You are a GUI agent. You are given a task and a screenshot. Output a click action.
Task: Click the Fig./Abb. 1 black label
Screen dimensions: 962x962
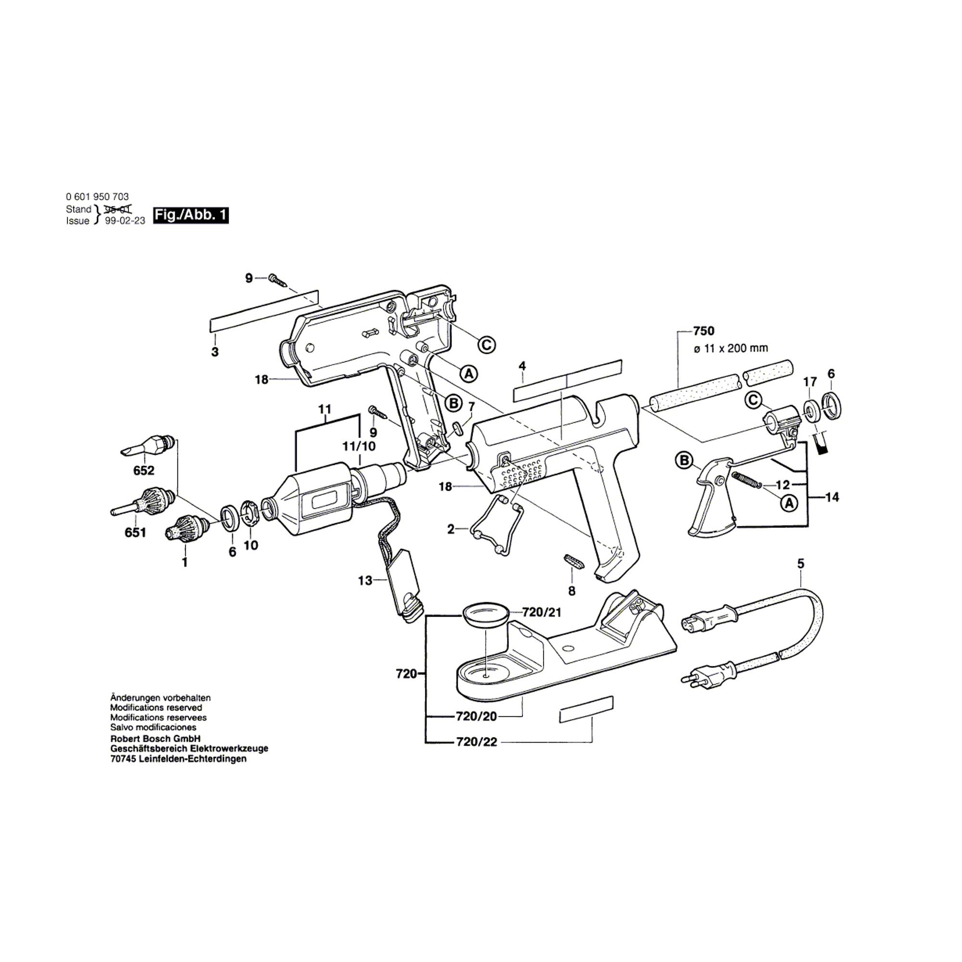(x=190, y=215)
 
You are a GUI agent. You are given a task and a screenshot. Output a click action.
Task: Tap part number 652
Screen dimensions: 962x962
(x=144, y=470)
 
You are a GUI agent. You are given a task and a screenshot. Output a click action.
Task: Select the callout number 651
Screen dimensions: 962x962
(x=136, y=533)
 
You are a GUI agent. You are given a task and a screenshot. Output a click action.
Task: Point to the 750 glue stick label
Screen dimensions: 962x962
(x=704, y=331)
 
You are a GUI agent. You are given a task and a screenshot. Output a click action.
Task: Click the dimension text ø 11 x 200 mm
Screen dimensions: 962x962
(x=731, y=349)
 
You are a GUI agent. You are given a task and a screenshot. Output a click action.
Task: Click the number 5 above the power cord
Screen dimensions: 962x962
(x=801, y=564)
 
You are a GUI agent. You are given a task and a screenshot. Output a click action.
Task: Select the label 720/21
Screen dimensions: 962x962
(x=541, y=612)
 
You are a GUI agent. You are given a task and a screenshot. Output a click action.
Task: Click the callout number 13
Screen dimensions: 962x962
(x=365, y=581)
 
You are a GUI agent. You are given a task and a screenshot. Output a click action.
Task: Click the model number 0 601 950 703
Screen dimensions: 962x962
(x=97, y=197)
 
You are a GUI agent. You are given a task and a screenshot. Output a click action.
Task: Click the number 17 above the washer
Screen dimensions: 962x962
(x=810, y=382)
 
